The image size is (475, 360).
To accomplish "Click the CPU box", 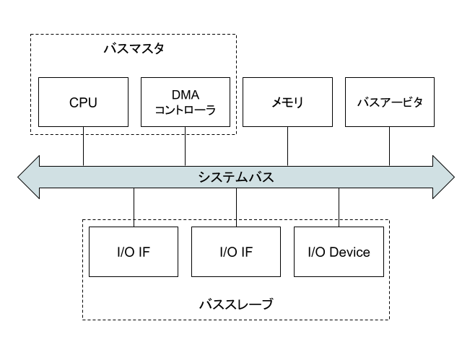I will click(83, 102).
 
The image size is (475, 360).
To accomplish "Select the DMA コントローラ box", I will click(186, 102).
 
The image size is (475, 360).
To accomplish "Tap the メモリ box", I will click(287, 102).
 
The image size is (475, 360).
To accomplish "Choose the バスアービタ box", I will click(390, 102).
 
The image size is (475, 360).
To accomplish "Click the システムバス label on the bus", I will click(236, 177).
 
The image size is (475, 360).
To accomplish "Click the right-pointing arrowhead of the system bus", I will click(443, 177).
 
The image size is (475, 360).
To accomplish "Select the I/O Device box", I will click(339, 252).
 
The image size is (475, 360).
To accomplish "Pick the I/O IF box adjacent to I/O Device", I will click(236, 252).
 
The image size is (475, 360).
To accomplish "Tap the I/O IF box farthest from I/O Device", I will click(134, 252).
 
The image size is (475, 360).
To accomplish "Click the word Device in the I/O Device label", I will click(349, 252).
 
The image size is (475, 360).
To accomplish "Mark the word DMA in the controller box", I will click(186, 95).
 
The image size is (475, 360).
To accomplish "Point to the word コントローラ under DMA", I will click(186, 110).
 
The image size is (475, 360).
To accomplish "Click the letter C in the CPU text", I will click(74, 102).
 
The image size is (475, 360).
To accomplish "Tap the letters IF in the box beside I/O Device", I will click(247, 252).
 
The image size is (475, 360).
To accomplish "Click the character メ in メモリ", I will click(277, 102).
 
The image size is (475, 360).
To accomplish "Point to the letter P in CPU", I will click(83, 102).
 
